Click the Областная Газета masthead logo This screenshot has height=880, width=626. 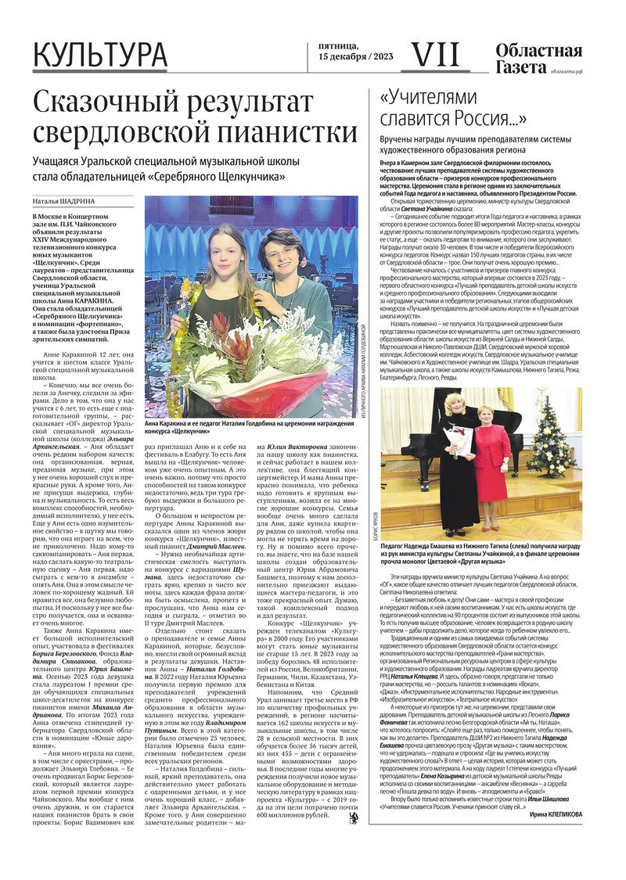pos(538,59)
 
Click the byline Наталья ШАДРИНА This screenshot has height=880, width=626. pos(64,200)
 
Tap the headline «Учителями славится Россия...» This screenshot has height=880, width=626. pos(452,108)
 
